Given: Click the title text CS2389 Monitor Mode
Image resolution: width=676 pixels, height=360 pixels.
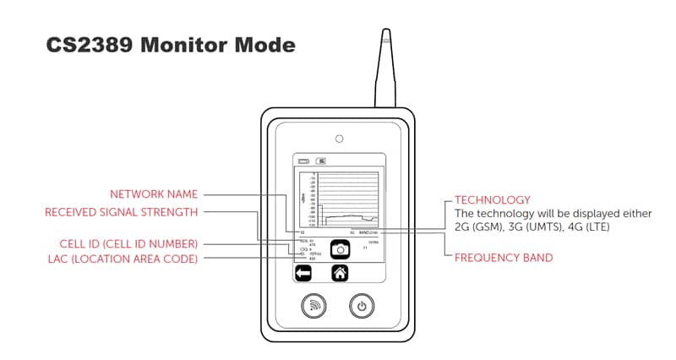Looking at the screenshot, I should click(171, 45).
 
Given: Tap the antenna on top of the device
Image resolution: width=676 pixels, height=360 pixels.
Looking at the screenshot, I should click(385, 68).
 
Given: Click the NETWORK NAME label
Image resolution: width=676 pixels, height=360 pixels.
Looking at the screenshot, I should click(155, 194).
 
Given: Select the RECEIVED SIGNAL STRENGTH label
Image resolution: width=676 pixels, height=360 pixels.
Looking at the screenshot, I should click(122, 212).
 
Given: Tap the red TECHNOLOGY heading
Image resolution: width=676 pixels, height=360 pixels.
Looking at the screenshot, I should click(492, 200).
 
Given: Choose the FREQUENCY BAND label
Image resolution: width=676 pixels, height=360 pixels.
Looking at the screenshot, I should click(504, 257).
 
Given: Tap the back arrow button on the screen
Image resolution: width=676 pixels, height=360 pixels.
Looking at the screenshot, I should click(302, 273).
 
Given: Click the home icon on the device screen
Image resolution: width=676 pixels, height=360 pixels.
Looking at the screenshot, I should click(340, 273).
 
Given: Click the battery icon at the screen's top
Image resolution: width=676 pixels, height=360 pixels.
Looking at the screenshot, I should click(302, 160).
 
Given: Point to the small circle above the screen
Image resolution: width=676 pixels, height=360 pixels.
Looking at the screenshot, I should click(338, 138).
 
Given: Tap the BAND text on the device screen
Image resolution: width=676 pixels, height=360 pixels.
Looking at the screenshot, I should click(364, 232).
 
